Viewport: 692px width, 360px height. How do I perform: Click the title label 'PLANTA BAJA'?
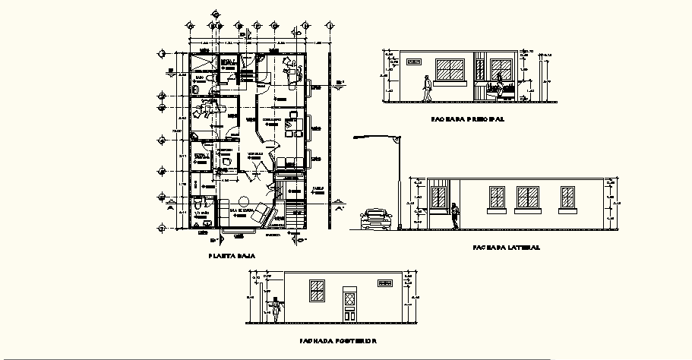[x=232, y=257]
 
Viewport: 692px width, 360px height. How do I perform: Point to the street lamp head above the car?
[x=396, y=139]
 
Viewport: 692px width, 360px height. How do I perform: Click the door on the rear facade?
[x=349, y=305]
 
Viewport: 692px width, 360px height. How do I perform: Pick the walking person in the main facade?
[x=428, y=88]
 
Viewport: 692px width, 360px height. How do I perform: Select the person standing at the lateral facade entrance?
[x=455, y=216]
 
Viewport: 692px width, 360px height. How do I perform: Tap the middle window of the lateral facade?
[x=527, y=197]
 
